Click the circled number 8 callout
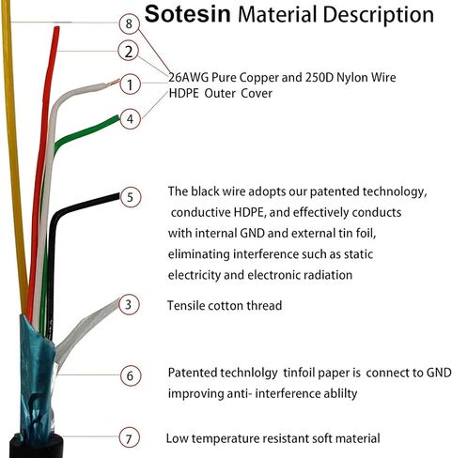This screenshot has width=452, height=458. pos(129,23)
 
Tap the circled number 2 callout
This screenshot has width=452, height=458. pos(129,52)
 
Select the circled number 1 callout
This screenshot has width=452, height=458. pos(130,84)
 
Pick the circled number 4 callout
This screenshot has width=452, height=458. pos(131,119)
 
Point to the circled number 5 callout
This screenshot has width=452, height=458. pos(131,197)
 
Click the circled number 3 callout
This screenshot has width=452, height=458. pos(129,304)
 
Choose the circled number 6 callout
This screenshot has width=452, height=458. pos(131,375)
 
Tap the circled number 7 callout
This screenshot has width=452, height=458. pos(129,437)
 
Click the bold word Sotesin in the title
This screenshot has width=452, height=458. pos(188,14)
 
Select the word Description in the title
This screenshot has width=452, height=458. pos(378,15)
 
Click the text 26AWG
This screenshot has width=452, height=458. pos(189,77)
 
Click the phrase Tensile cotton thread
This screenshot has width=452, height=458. pos(225,305)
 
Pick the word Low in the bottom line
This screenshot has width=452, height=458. pos(177,438)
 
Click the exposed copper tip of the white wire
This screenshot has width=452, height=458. pos(114,83)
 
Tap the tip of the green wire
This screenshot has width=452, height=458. pos(118,117)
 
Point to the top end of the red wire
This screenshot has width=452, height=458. pos(56,28)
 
